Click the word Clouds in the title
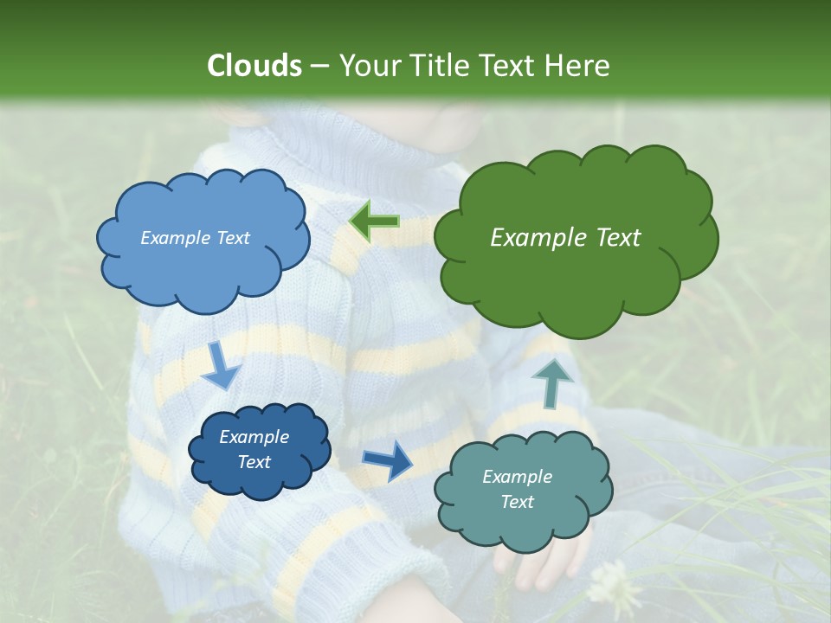(x=254, y=66)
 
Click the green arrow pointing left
(x=374, y=222)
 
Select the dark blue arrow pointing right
(x=388, y=459)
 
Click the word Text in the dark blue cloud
(x=254, y=462)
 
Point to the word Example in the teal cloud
(x=517, y=477)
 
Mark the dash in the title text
(x=319, y=66)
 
